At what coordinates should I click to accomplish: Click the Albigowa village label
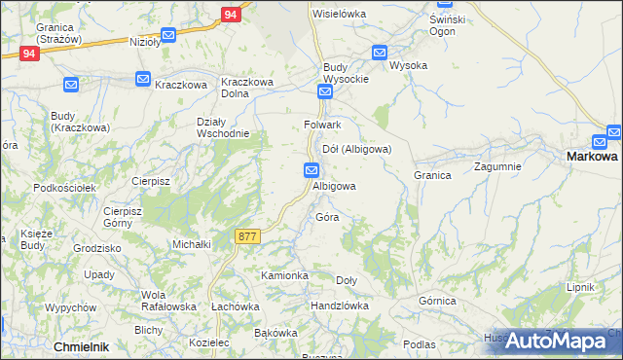click(334, 186)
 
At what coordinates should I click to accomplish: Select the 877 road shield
click(247, 235)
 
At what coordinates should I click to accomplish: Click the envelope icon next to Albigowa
click(311, 170)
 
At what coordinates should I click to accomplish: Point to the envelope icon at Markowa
click(613, 131)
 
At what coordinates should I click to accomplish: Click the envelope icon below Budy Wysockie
click(325, 92)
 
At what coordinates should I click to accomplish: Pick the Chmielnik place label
click(81, 346)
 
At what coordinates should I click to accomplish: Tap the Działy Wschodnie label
click(224, 127)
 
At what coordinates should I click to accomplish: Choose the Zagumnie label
click(497, 166)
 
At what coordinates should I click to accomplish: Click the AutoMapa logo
click(555, 341)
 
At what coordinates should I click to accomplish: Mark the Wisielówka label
click(338, 14)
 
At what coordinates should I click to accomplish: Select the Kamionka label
click(284, 275)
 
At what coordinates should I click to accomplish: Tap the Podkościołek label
click(61, 187)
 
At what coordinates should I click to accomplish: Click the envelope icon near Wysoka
click(379, 53)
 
